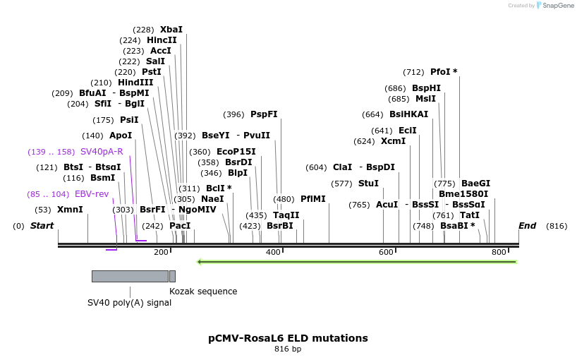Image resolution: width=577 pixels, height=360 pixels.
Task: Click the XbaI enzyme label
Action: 171,30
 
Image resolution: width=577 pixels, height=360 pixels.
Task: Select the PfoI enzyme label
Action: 443,72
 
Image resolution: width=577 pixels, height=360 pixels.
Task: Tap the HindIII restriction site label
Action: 135,83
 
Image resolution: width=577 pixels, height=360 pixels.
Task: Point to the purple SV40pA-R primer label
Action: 102,152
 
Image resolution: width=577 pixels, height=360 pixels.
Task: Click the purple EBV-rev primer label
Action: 92,194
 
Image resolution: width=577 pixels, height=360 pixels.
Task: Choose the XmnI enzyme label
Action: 70,210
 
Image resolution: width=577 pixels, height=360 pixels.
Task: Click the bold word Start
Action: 42,226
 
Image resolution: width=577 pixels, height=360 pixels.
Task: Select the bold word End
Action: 527,226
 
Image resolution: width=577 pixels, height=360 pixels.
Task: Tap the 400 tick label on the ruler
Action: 273,252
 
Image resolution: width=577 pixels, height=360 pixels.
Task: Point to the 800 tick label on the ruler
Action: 499,252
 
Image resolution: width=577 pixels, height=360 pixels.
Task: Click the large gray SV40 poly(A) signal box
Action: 130,276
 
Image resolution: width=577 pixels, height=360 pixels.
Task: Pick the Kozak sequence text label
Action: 203,292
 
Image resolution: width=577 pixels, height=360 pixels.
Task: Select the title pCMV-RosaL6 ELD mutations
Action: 288,338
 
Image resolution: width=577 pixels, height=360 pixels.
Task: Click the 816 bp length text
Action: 288,349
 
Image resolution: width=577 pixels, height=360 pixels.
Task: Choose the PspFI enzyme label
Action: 264,114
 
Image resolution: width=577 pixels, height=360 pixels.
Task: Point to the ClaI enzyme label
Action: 342,167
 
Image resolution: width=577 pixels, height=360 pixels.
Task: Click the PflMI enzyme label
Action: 313,199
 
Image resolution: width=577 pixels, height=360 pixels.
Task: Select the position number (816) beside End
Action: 557,226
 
